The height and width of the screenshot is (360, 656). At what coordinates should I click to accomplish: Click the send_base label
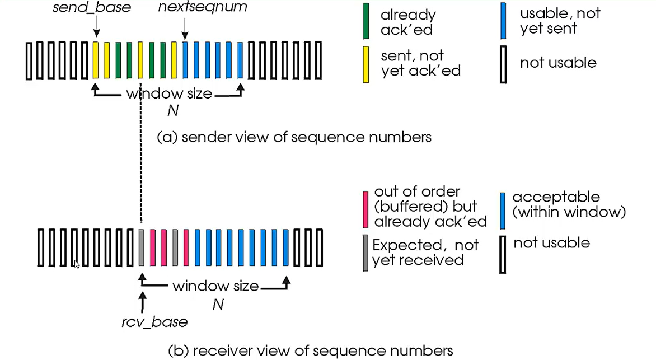[92, 7]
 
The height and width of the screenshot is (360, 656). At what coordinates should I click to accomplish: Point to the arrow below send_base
[97, 27]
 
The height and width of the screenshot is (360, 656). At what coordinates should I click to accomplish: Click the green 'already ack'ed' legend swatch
[366, 21]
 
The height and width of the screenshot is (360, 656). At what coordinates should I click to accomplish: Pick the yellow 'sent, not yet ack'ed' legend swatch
[366, 64]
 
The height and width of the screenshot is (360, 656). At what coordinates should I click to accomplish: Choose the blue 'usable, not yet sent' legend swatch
[503, 21]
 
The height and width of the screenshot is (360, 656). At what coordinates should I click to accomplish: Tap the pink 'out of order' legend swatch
[366, 209]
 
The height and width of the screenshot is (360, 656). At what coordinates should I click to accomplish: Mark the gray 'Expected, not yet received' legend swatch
[366, 253]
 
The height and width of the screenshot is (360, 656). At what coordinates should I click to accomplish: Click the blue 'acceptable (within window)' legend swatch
[503, 211]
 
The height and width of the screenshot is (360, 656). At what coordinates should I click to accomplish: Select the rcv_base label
[154, 322]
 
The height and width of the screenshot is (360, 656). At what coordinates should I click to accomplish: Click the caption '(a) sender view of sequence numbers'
[294, 137]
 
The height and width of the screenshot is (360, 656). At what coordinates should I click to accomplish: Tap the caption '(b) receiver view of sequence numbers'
[311, 350]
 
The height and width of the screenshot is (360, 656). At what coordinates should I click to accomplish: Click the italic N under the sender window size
[173, 110]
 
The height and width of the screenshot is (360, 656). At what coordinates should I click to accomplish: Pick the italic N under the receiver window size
[218, 305]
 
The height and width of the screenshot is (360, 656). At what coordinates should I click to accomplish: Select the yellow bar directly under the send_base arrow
[96, 60]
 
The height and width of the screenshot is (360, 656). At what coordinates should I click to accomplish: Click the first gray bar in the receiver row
[142, 247]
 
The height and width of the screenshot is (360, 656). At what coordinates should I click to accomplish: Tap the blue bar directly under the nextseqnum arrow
[185, 60]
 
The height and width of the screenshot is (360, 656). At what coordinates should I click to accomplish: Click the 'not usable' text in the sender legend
[558, 63]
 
